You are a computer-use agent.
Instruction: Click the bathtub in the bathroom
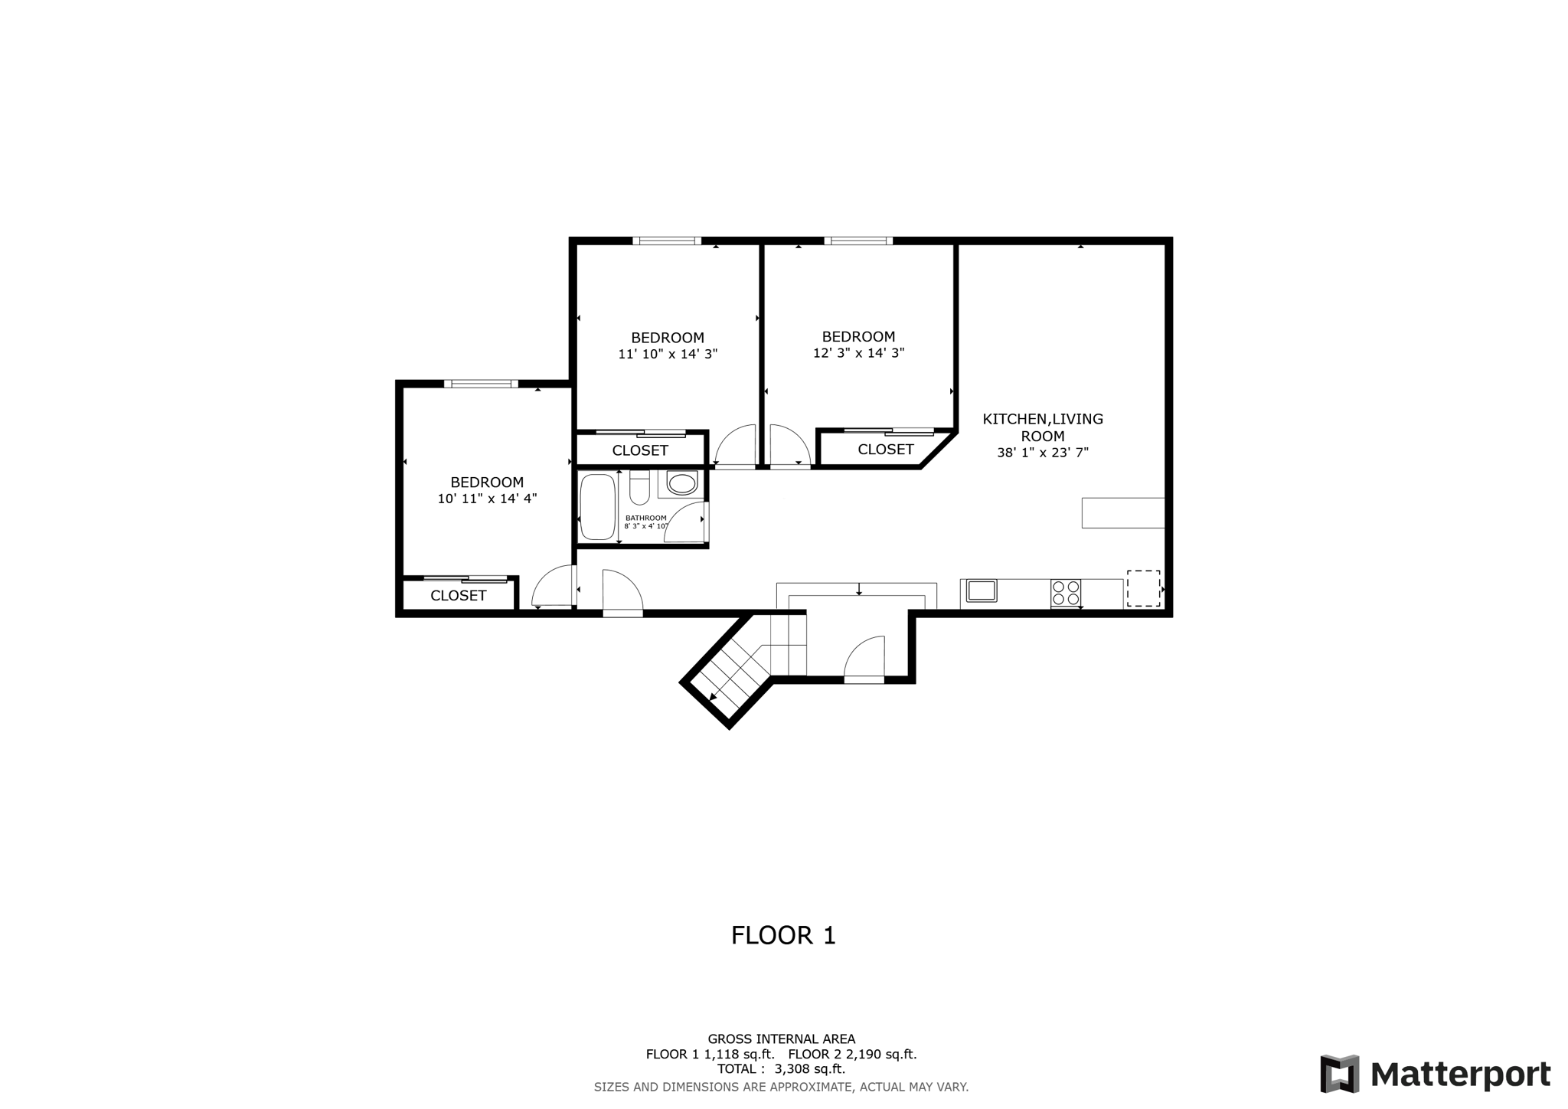pos(597,507)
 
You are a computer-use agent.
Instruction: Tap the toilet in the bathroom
pos(639,488)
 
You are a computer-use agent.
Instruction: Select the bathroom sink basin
pos(681,483)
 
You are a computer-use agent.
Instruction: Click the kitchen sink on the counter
pos(981,590)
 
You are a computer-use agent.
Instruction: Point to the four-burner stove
pos(1065,594)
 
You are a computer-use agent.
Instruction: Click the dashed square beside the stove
pos(1143,588)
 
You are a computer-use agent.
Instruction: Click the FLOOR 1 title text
pos(783,935)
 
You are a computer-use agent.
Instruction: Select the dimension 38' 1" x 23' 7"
pos(1042,453)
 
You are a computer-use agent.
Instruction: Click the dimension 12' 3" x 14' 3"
pos(858,353)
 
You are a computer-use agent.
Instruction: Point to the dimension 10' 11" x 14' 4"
pos(487,499)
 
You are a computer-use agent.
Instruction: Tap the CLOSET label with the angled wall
pos(885,450)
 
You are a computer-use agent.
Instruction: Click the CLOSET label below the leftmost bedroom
pos(458,596)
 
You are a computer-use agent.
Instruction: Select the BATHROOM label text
pos(645,518)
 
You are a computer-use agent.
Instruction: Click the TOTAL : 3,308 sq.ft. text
pos(781,1069)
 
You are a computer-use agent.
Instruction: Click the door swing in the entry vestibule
pos(865,659)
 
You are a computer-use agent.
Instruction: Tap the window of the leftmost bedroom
pos(481,384)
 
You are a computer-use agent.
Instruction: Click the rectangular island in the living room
pos(1122,512)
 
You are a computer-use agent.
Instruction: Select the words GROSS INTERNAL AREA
pos(781,1039)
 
